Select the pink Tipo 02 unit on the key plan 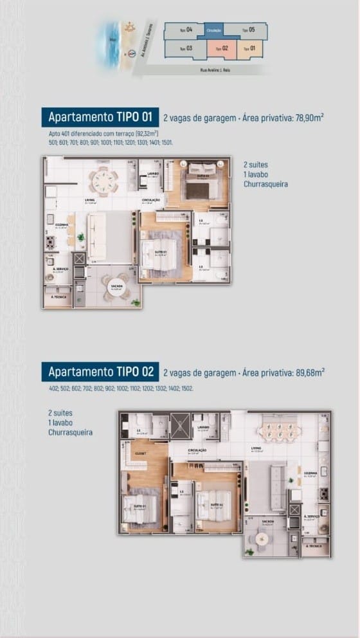[x=222, y=48]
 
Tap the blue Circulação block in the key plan [x=214, y=30]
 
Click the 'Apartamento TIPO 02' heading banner [x=100, y=372]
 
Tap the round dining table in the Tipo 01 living [x=103, y=181]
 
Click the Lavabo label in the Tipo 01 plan [x=152, y=174]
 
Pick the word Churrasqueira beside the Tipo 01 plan [x=265, y=184]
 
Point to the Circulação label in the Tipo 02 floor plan [x=197, y=450]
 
